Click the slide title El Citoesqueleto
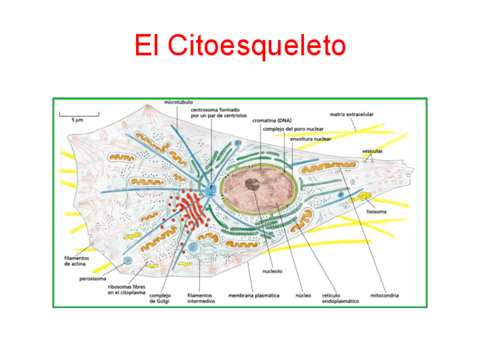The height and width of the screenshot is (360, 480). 240,45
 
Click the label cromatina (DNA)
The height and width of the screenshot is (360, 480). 272,120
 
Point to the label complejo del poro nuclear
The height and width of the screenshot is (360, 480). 293,128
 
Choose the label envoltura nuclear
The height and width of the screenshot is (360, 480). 310,138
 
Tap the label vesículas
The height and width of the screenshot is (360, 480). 372,151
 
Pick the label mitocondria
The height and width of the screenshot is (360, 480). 384,295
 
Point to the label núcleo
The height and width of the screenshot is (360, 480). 303,295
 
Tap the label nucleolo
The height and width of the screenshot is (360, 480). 272,271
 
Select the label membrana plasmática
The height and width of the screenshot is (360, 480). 254,295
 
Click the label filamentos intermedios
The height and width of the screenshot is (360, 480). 201,298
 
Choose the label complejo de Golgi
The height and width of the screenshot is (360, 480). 160,298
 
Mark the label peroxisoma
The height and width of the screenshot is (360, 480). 93,278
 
